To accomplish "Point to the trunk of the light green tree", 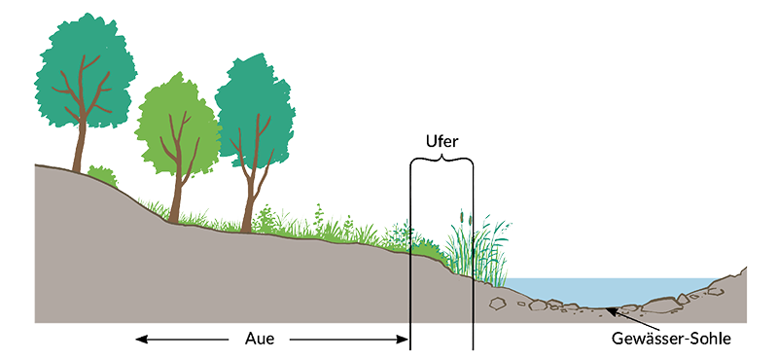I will [175, 195].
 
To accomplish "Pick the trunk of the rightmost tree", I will [251, 199].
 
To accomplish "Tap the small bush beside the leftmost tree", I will [102, 176].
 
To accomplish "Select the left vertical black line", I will [410, 253].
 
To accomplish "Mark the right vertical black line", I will [473, 253].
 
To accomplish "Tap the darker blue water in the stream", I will [603, 289].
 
